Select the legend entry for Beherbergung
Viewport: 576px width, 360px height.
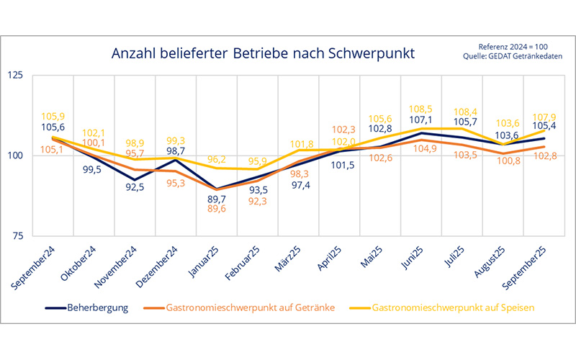86,307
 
